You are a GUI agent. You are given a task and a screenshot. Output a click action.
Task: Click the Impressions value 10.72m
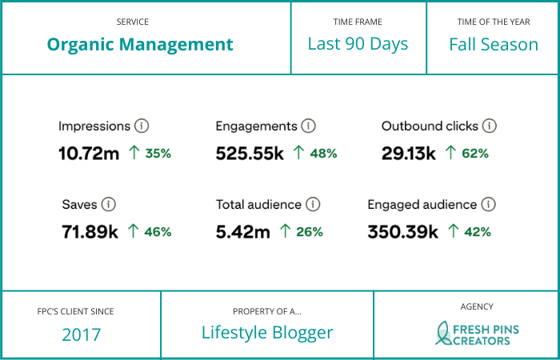point(89,153)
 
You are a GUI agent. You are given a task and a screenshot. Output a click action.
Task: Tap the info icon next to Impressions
point(142,126)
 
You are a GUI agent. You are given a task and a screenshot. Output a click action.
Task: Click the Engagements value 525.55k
point(250,153)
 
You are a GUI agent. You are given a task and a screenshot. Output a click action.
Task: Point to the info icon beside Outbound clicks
point(490,126)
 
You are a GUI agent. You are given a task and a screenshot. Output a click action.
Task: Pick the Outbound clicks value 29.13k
point(409,153)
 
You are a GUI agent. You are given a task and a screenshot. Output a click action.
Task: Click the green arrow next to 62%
point(450,152)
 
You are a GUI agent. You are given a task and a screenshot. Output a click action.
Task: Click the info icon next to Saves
point(109,205)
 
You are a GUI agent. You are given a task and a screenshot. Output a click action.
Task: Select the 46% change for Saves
point(158,232)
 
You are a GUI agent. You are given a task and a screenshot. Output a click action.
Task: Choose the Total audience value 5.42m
point(243,232)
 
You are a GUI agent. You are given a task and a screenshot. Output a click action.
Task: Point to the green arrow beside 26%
point(284,231)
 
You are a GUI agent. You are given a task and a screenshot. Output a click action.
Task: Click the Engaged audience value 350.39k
point(402,232)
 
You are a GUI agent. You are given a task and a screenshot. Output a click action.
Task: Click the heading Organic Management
point(140,45)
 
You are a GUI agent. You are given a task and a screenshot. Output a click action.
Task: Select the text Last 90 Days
point(358,44)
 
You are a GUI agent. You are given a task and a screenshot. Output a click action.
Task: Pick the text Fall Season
point(493,44)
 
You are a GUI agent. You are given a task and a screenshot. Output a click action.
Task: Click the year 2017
point(82,334)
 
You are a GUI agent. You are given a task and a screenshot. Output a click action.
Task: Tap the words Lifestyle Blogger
point(267,333)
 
